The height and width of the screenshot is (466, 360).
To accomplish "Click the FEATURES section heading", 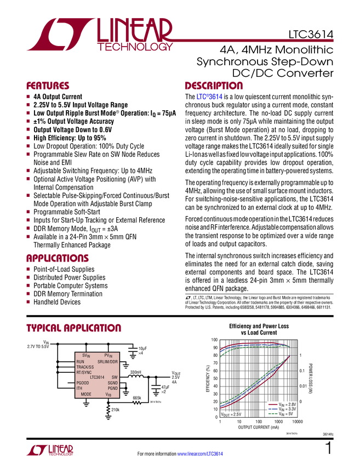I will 48,86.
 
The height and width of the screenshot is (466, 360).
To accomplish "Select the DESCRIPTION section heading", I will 214,86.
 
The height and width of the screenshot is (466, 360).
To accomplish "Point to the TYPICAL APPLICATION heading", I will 73,328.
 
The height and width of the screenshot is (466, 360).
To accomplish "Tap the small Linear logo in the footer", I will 49,450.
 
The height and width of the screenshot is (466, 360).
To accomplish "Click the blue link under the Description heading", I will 210,97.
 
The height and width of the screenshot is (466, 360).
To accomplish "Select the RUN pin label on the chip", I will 81,362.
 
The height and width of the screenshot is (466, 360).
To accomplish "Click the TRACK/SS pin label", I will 85,367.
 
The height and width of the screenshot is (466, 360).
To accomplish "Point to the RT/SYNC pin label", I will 84,372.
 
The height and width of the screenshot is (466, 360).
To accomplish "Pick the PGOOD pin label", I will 82,383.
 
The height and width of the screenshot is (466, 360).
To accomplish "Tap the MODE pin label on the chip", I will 86,394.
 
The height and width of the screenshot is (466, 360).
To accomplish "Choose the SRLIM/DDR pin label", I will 107,362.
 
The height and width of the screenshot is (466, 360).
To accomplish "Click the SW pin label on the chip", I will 115,377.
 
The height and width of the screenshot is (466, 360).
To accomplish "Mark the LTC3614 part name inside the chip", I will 97,377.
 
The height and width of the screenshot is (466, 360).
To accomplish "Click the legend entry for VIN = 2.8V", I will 281,404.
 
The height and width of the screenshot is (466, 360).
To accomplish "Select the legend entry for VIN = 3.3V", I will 281,409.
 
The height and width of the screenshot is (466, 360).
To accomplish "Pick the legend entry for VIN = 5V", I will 280,414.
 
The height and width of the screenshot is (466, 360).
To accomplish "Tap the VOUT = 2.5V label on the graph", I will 231,414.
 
